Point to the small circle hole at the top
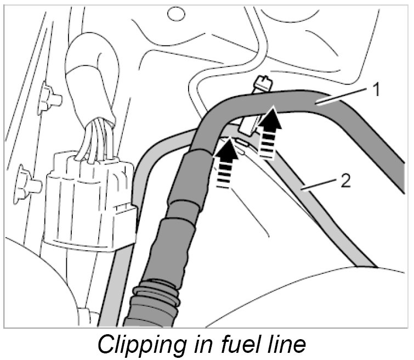coord(177,13)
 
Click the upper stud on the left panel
coord(50,99)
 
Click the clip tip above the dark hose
coord(262,83)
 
